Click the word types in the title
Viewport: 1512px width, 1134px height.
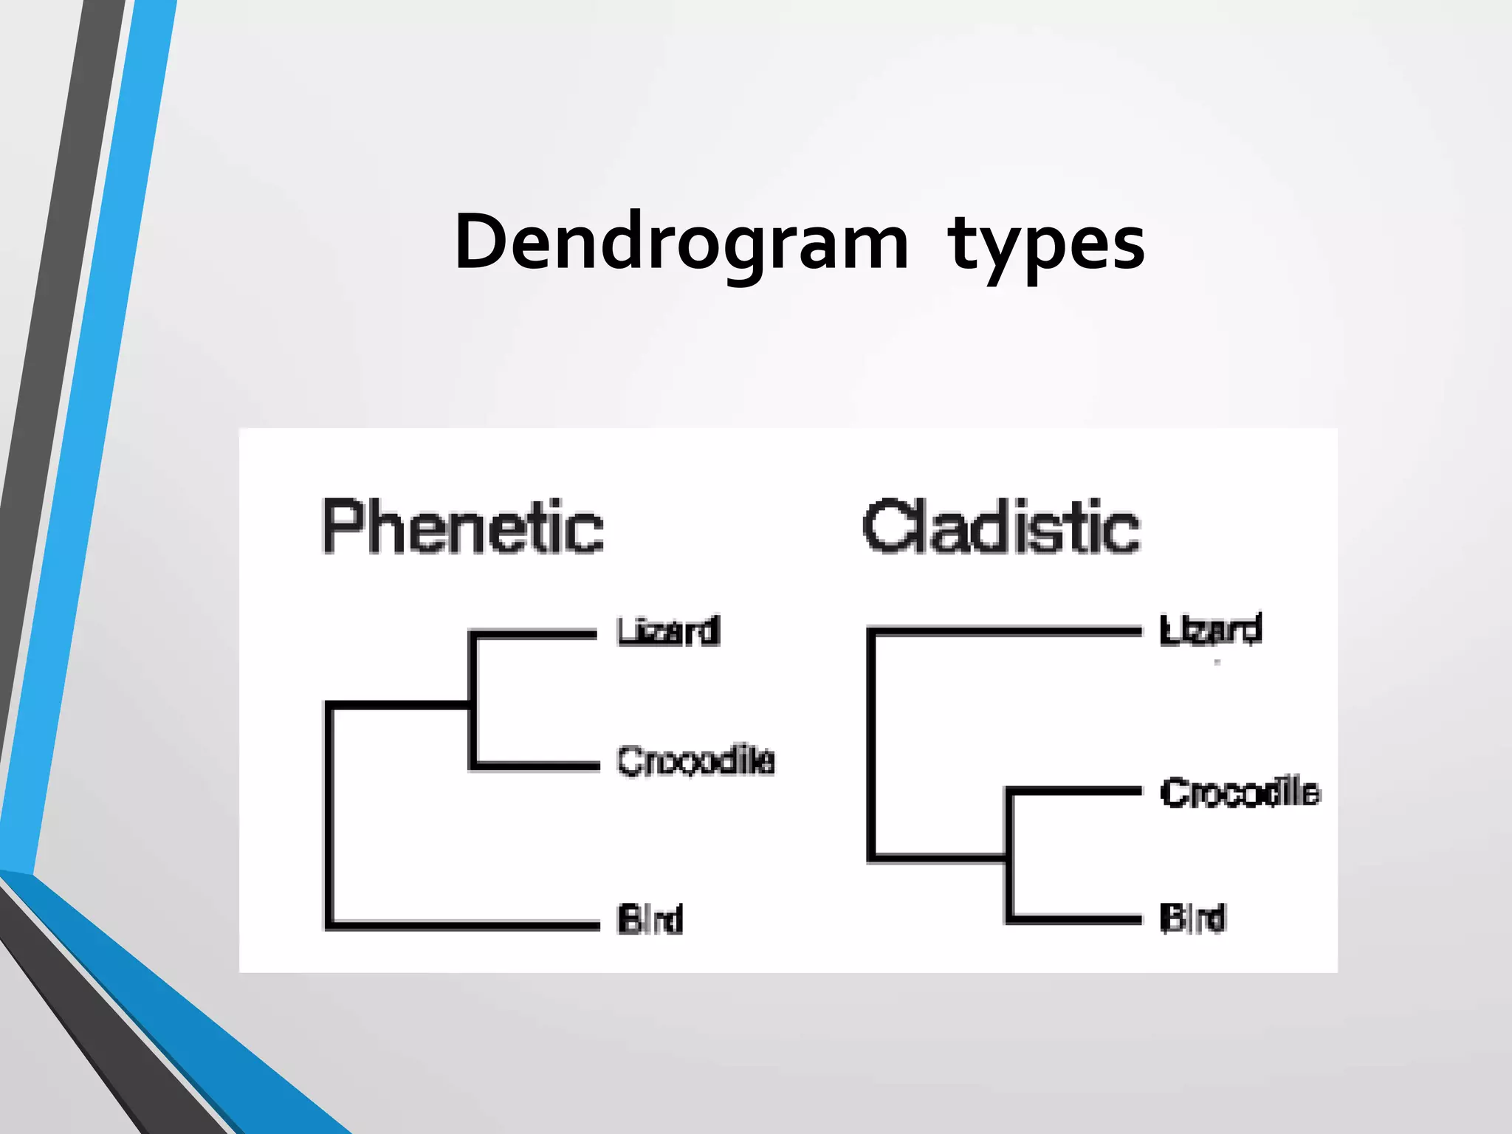pyautogui.click(x=1046, y=244)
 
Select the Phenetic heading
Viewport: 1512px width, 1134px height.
pyautogui.click(x=463, y=526)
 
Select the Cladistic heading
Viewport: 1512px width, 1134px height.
pyautogui.click(x=1001, y=526)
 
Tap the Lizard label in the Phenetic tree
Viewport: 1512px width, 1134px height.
pyautogui.click(x=668, y=632)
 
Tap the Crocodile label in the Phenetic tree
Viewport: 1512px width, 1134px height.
pyautogui.click(x=695, y=761)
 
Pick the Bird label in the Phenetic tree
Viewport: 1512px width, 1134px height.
pyautogui.click(x=650, y=919)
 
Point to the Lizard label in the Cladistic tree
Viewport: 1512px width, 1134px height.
pyautogui.click(x=1210, y=630)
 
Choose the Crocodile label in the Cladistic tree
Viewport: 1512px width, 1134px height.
pyautogui.click(x=1240, y=792)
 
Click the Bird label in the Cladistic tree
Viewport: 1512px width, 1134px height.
pyautogui.click(x=1192, y=918)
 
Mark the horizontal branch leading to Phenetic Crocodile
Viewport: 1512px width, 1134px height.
pyautogui.click(x=535, y=766)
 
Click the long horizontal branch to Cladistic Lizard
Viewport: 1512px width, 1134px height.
pyautogui.click(x=1004, y=631)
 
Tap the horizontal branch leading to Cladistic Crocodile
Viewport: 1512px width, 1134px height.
pyautogui.click(x=1075, y=791)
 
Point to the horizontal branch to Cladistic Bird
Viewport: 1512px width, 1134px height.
pyautogui.click(x=1075, y=919)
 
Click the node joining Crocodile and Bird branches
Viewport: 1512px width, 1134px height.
pyautogui.click(x=1008, y=858)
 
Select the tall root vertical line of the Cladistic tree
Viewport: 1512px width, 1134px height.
pyautogui.click(x=872, y=746)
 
